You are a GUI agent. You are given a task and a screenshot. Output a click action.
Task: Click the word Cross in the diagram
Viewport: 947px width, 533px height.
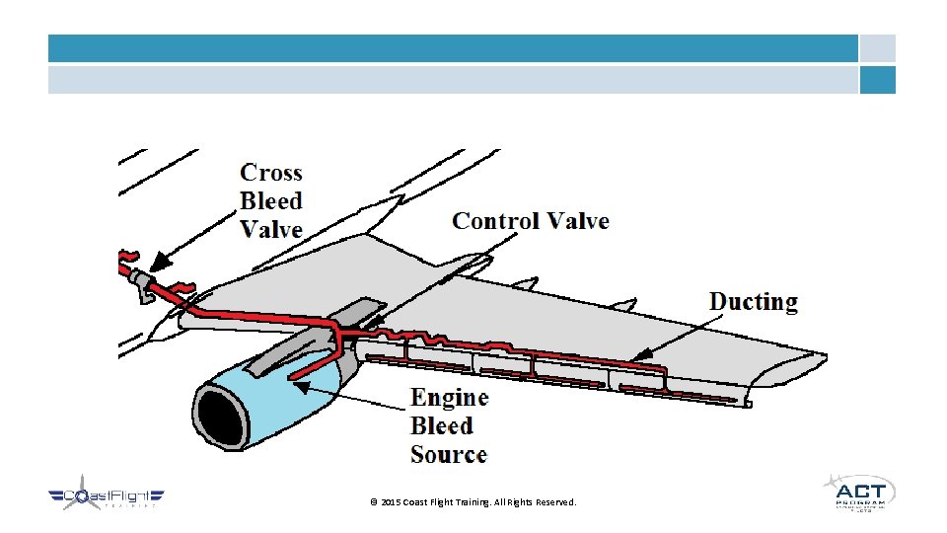pos(271,173)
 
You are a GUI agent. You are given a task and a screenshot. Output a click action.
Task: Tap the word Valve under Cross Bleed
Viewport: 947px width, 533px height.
pos(271,229)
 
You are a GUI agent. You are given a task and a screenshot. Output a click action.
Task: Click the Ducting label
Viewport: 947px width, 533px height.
pos(754,302)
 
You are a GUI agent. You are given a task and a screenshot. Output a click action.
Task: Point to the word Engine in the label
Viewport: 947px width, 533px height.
pos(450,398)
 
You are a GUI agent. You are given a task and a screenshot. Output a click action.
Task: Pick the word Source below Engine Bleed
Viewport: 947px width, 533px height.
pos(449,455)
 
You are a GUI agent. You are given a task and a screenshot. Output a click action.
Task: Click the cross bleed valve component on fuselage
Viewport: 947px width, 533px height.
pos(142,283)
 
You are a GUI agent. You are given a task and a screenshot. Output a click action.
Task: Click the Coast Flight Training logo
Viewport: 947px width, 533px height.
pos(107,498)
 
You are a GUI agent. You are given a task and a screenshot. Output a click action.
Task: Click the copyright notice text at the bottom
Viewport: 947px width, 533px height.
pos(473,502)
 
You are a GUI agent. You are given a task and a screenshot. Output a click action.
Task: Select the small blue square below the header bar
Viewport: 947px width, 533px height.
pos(877,80)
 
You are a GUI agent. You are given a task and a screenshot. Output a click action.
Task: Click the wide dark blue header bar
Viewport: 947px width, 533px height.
pos(453,48)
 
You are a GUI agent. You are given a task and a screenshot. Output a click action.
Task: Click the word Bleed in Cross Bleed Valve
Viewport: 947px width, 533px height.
pos(271,201)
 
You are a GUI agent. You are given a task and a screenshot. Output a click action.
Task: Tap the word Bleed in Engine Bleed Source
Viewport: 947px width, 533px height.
pos(442,426)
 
